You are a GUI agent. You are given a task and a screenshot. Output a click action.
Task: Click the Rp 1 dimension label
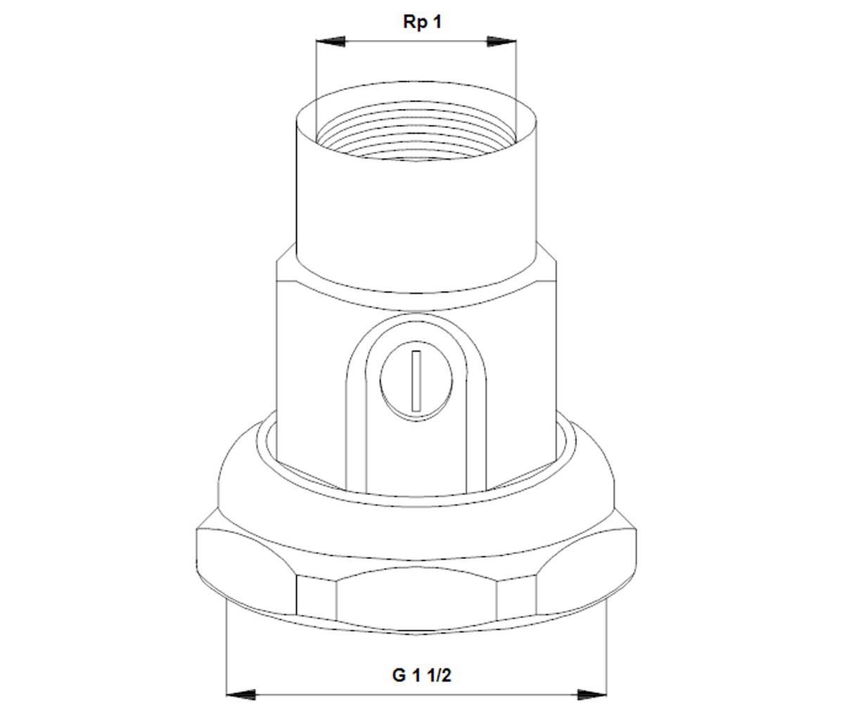[423, 22]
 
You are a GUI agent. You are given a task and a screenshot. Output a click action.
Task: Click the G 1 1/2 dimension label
[421, 675]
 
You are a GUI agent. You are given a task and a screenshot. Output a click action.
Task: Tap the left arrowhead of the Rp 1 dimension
[331, 41]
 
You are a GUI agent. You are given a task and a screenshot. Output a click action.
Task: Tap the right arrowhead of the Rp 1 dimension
[502, 41]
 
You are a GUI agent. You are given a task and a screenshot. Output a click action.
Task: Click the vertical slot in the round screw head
[417, 381]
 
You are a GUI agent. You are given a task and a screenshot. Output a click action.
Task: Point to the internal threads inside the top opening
[416, 134]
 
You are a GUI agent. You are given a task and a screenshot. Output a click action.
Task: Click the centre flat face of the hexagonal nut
[416, 599]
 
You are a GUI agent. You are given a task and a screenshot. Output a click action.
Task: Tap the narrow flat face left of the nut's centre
[316, 596]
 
